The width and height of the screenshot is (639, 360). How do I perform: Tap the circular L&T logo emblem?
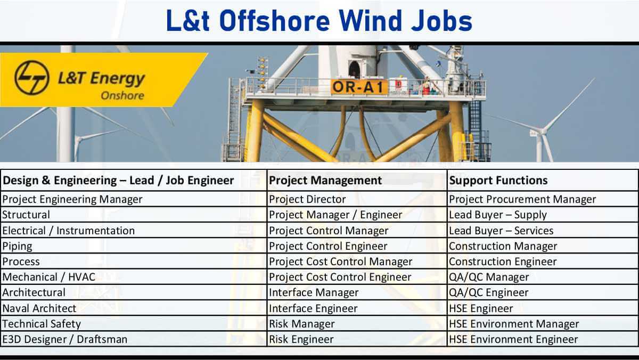click(31, 77)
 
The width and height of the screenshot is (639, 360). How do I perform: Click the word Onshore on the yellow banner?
click(122, 95)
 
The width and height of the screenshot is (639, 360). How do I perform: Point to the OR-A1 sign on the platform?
click(359, 87)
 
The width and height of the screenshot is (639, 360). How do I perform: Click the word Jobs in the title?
click(441, 21)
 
